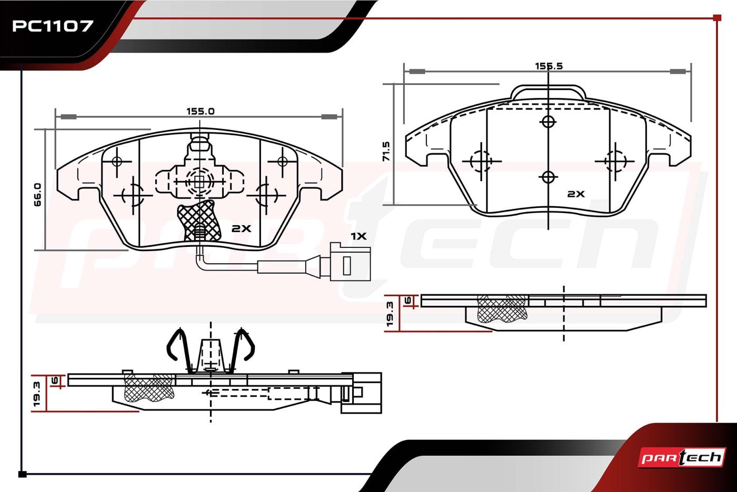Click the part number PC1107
(x=53, y=26)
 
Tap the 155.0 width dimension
(x=201, y=111)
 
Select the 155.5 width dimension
(x=549, y=66)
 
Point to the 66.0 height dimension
(x=38, y=195)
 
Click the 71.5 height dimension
(x=386, y=152)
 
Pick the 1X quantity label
(x=358, y=236)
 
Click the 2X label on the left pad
(x=241, y=228)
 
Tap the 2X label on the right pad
(x=576, y=194)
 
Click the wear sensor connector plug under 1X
(x=350, y=262)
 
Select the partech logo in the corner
(x=682, y=457)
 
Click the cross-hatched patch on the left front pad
(x=199, y=220)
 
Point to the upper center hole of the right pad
(x=548, y=122)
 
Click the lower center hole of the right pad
(x=548, y=178)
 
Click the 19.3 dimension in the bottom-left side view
(x=36, y=394)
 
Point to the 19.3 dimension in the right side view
(x=390, y=314)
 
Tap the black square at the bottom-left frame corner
(x=22, y=474)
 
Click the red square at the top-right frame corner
(x=717, y=18)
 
